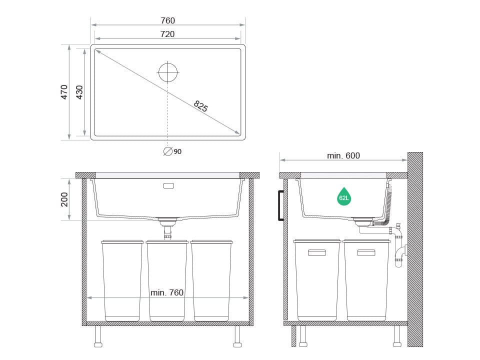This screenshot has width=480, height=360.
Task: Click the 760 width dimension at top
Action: click(168, 20)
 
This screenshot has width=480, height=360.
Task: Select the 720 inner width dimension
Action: click(168, 34)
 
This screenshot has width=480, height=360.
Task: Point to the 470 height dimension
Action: click(64, 92)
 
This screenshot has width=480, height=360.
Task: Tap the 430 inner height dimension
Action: click(79, 92)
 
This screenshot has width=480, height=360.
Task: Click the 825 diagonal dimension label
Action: click(200, 106)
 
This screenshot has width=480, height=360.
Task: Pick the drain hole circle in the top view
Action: click(168, 72)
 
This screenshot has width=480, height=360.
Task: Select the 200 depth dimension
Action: click(64, 199)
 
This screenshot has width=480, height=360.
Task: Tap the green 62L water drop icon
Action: click(344, 197)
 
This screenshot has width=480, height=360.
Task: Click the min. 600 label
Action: click(343, 155)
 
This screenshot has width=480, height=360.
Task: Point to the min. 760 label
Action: click(167, 292)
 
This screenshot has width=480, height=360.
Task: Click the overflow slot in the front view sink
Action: click(169, 186)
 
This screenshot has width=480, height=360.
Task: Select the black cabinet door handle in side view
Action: click(281, 205)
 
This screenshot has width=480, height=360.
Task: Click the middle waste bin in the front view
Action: click(167, 280)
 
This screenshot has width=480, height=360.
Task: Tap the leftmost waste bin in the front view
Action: click(122, 280)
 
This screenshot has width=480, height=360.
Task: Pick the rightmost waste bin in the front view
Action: click(211, 280)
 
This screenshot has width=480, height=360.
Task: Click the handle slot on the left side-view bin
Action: click(316, 253)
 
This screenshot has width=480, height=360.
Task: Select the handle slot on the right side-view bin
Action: click(366, 253)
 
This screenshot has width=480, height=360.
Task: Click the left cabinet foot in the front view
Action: click(98, 337)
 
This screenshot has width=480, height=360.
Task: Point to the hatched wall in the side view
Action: click(415, 250)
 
